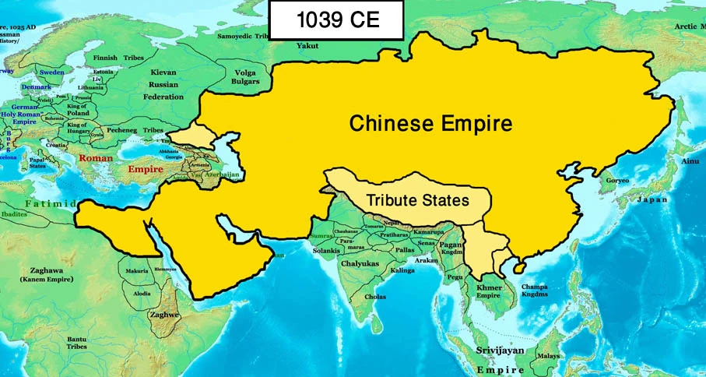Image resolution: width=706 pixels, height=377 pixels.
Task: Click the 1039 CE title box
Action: click(x=336, y=20)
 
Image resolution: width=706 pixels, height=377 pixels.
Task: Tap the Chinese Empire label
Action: click(x=430, y=123)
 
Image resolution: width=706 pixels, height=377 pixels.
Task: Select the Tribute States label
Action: click(x=417, y=200)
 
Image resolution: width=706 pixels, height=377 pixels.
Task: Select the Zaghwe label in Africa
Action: click(x=164, y=314)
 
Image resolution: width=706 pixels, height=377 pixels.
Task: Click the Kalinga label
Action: click(x=402, y=269)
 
